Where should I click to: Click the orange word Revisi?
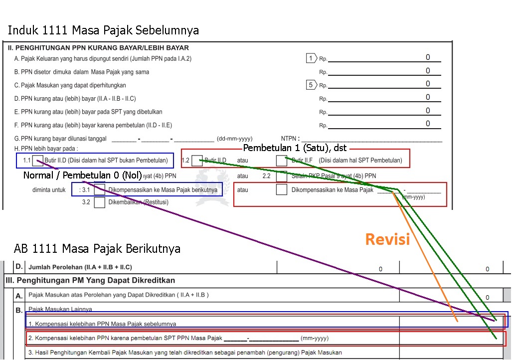(387, 239)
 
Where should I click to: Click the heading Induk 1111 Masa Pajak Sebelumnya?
(103, 30)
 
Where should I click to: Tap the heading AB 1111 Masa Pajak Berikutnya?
(97, 248)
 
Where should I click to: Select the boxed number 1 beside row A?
(311, 58)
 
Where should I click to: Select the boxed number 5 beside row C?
(311, 85)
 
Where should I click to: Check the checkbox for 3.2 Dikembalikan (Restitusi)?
(100, 202)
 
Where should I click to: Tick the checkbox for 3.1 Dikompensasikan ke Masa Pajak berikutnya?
(100, 190)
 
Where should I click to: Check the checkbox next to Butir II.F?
(282, 161)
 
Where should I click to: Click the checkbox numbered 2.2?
(282, 176)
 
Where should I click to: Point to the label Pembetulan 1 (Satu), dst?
(295, 149)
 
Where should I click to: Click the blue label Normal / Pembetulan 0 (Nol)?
(83, 176)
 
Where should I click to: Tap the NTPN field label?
(291, 139)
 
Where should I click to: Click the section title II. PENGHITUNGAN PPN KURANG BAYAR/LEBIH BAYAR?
(98, 48)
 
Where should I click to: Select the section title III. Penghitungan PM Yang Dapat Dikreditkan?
(90, 280)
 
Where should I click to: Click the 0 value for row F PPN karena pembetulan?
(428, 124)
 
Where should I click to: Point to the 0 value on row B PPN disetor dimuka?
(428, 71)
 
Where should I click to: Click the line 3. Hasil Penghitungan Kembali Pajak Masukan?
(184, 353)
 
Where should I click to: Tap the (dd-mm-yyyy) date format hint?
(234, 139)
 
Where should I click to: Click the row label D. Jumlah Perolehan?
(80, 267)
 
